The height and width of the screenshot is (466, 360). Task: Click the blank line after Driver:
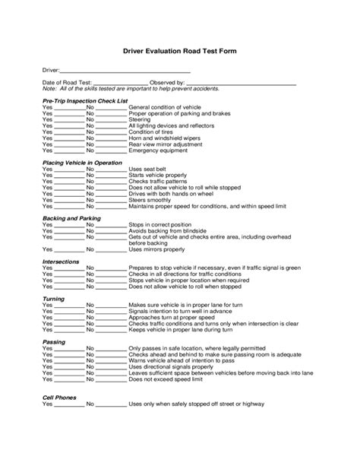pyautogui.click(x=125, y=71)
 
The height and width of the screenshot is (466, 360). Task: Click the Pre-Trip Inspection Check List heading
pyautogui.click(x=85, y=100)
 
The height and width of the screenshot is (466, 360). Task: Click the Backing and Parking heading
pyautogui.click(x=72, y=218)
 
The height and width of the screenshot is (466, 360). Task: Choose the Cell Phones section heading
pyautogui.click(x=62, y=397)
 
